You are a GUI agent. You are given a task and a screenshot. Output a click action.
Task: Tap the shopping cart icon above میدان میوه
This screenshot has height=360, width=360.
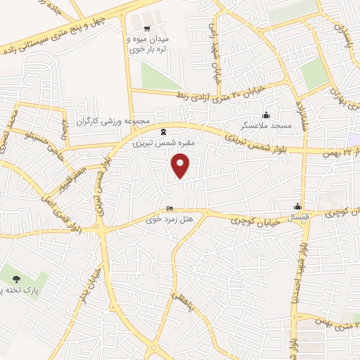(x=146, y=29)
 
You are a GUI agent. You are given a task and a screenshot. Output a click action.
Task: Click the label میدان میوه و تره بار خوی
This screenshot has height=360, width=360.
(x=146, y=45)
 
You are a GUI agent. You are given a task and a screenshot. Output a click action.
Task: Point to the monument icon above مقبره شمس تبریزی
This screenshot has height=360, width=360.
(x=164, y=131)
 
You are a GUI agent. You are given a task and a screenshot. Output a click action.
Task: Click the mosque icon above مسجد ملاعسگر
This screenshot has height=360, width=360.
(x=266, y=116)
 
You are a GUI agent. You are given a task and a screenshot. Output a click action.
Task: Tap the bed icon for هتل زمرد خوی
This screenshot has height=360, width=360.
(x=169, y=209)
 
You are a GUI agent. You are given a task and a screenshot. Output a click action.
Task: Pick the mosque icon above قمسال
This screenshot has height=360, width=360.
(x=298, y=207)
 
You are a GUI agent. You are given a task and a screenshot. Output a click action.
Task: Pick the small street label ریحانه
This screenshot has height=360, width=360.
(x=66, y=131)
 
